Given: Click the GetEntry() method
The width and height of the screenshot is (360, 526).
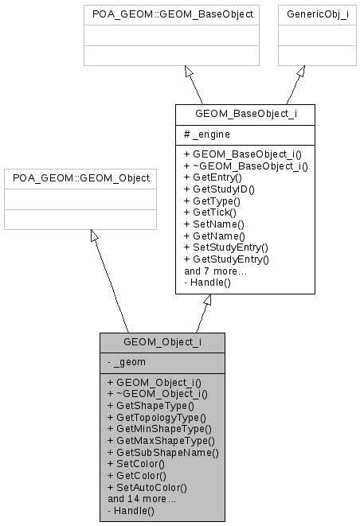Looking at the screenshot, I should [x=213, y=177].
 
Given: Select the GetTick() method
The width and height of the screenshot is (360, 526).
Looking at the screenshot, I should [x=209, y=213].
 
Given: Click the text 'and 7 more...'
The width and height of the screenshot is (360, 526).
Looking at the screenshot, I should [x=216, y=271].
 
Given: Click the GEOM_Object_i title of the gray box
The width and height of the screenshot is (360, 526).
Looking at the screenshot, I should [x=162, y=342].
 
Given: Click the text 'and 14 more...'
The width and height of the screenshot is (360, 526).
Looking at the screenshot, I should [x=142, y=499].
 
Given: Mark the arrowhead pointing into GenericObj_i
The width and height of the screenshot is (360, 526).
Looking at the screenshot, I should [x=300, y=72].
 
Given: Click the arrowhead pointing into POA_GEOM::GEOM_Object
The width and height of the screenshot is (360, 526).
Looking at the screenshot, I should [x=94, y=236].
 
